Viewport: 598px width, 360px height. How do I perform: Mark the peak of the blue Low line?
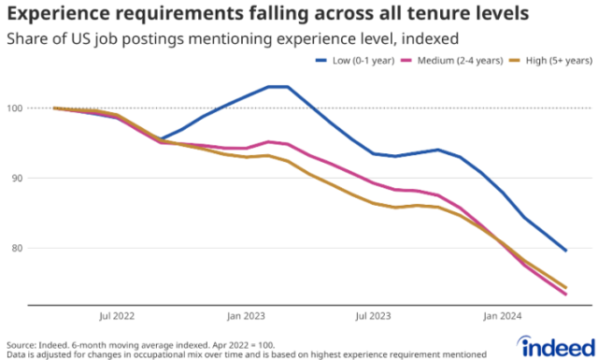[278, 87]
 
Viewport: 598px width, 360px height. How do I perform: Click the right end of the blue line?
[565, 251]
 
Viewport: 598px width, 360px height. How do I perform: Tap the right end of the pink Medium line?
[565, 295]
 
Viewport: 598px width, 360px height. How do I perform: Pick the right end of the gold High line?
[565, 287]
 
